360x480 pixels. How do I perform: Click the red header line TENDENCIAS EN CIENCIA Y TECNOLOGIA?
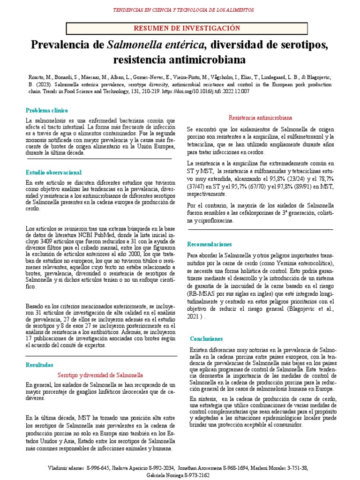(180, 9)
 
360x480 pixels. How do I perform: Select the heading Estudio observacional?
(53, 172)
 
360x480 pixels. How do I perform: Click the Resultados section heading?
(40, 365)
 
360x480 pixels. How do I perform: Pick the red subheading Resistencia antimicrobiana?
(260, 117)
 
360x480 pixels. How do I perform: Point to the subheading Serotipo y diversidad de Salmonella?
(100, 375)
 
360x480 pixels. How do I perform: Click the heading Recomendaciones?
(210, 244)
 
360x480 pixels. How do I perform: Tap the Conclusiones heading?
(207, 338)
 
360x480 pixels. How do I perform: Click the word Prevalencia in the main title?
(67, 45)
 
